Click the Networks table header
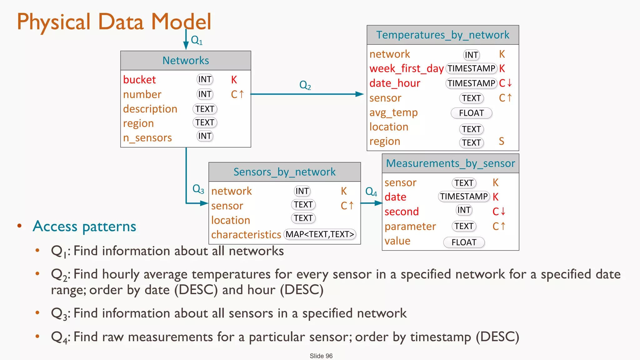coord(186,61)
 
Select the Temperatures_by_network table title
coord(442,35)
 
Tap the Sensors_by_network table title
coord(284,172)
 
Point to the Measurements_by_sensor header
coord(450,163)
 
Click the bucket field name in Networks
coord(139,80)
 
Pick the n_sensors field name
coord(147,138)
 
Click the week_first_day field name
coord(406,68)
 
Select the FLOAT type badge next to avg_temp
coord(471,113)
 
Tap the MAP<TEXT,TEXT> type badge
coord(320,234)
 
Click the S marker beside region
coord(502,141)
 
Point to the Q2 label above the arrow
coord(305,85)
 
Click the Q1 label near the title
coord(197,40)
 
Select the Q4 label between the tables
coord(371,192)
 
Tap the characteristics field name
coord(246,235)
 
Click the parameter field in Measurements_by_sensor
coord(410,226)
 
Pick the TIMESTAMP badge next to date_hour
coord(471,83)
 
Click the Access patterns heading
coord(84,226)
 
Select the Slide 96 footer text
coord(321,356)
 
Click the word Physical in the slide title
coord(53,22)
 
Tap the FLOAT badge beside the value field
coord(464,242)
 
